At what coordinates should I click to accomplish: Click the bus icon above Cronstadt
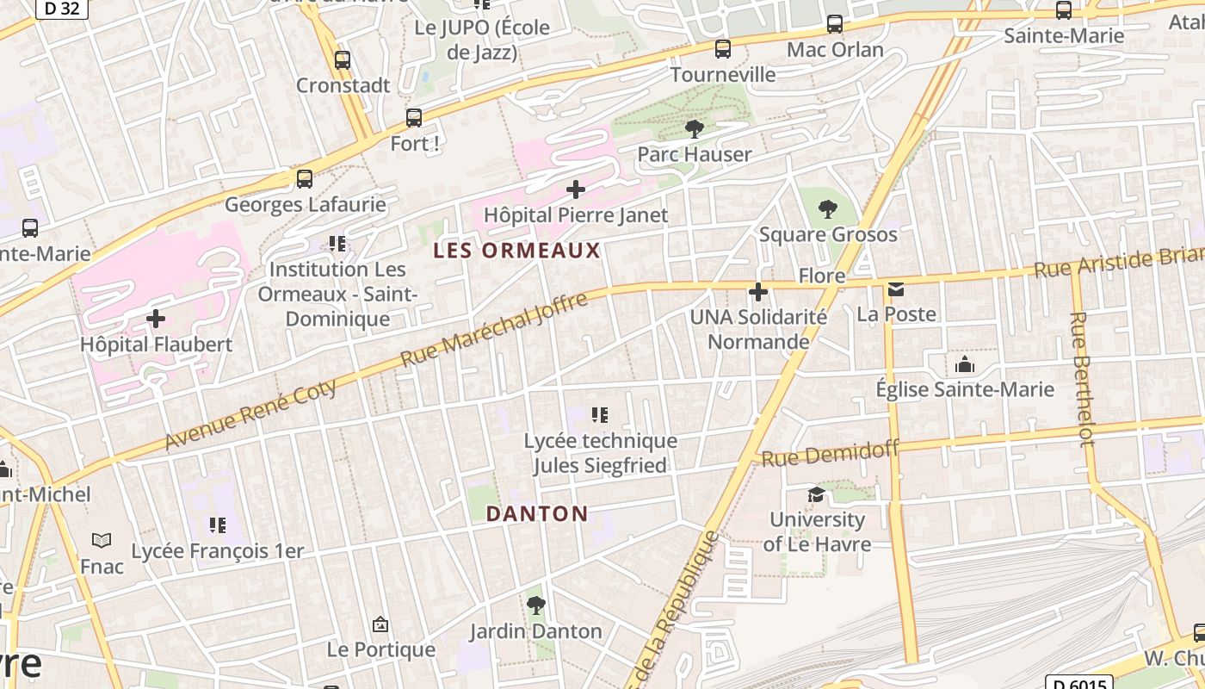[343, 60]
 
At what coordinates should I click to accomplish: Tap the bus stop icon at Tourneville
[723, 49]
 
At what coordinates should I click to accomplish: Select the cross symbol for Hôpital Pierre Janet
[576, 189]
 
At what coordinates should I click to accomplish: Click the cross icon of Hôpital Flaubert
[156, 320]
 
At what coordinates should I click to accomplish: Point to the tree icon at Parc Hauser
[694, 129]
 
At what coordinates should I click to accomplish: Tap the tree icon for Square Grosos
[827, 208]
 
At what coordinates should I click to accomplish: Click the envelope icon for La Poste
[896, 289]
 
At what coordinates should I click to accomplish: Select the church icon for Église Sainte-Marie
[964, 364]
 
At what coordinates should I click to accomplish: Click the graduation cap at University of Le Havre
[815, 494]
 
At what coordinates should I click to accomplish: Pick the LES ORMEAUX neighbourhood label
[516, 251]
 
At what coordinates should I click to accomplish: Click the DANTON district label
[537, 514]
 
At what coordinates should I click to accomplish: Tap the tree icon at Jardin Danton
[535, 605]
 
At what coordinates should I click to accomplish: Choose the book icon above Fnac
[102, 541]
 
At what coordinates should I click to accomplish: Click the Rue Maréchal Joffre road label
[494, 329]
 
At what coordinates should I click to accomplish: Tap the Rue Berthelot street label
[1081, 379]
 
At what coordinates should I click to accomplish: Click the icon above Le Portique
[380, 624]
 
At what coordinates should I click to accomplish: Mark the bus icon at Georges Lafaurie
[304, 179]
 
